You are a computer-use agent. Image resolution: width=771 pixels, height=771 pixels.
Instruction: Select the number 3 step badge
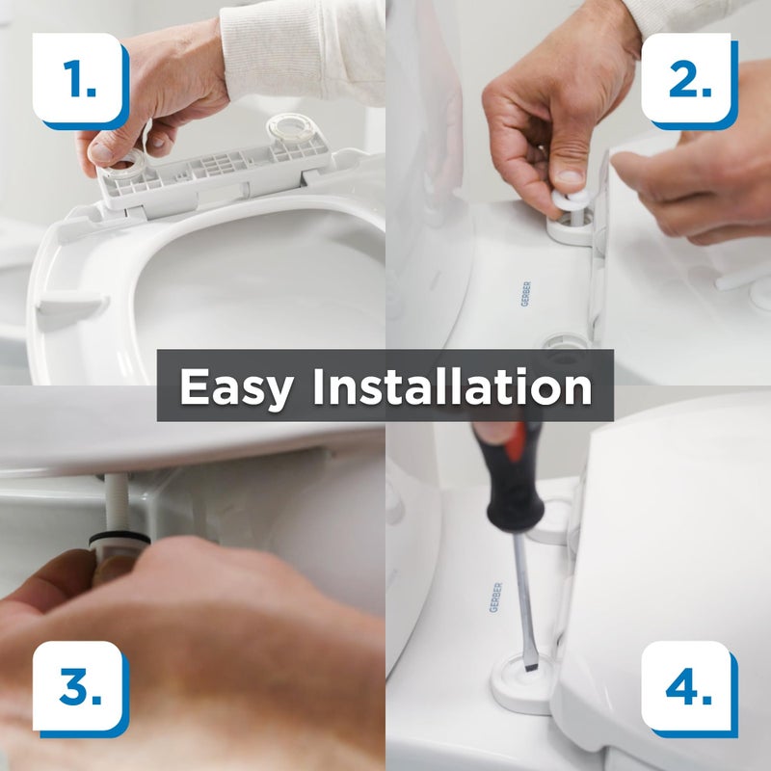81,688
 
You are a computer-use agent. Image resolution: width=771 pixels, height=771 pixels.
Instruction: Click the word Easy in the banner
237,386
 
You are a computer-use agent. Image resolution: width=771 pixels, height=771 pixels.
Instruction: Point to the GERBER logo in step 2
524,293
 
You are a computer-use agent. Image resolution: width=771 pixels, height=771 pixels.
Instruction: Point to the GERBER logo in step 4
495,597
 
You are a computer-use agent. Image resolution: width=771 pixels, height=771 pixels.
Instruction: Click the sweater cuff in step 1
289,48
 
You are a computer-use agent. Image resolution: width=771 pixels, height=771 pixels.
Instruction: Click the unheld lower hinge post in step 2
567,344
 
